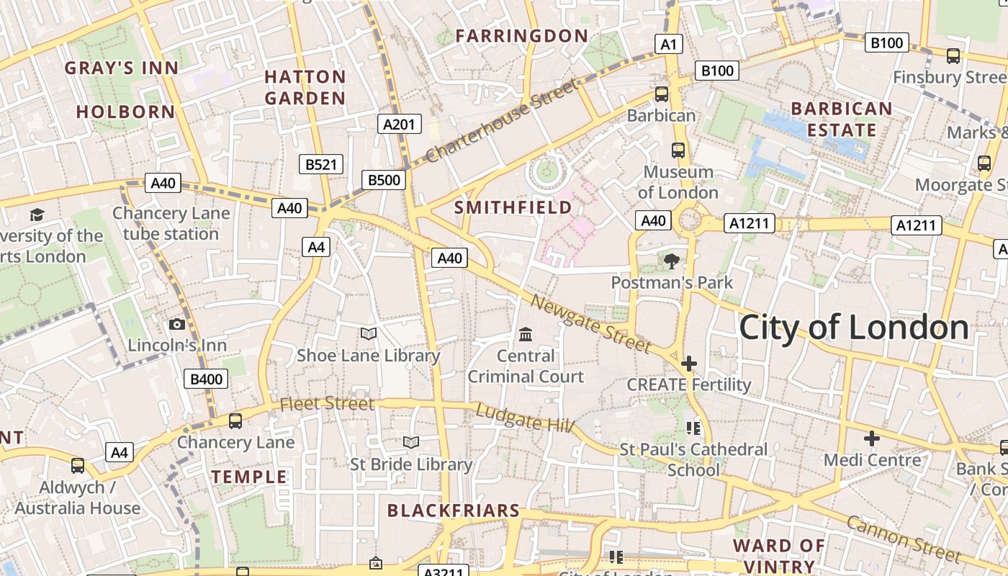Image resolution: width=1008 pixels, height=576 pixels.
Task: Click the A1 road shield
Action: point(670,45)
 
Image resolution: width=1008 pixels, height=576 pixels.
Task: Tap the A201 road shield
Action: point(399,125)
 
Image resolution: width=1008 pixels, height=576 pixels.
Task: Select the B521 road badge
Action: point(321,164)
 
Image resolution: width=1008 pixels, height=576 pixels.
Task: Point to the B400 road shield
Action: point(207,379)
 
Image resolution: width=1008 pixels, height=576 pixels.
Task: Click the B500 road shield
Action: point(384,180)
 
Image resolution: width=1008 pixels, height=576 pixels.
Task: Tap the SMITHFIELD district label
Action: point(513,207)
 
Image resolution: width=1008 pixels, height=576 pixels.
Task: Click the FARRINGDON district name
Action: point(522,35)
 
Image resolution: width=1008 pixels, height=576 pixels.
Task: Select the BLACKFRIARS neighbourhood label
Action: point(454,510)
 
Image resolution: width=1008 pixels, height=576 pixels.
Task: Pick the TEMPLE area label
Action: point(249,477)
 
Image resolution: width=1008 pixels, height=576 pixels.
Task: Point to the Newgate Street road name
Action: point(590,323)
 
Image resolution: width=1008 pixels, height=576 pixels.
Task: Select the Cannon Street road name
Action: point(903,539)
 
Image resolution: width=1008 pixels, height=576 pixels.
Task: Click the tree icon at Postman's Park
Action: point(672,261)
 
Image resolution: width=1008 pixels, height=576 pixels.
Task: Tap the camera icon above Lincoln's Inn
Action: point(176,325)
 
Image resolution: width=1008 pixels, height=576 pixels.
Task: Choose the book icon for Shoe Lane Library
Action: point(369,333)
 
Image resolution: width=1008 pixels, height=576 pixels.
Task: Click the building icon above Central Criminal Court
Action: point(526,335)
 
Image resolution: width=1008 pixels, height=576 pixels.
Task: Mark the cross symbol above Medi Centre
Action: point(872,438)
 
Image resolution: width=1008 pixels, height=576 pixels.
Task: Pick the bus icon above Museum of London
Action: point(678,150)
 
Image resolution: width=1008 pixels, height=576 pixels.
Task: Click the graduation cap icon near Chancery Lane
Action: point(37,215)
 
